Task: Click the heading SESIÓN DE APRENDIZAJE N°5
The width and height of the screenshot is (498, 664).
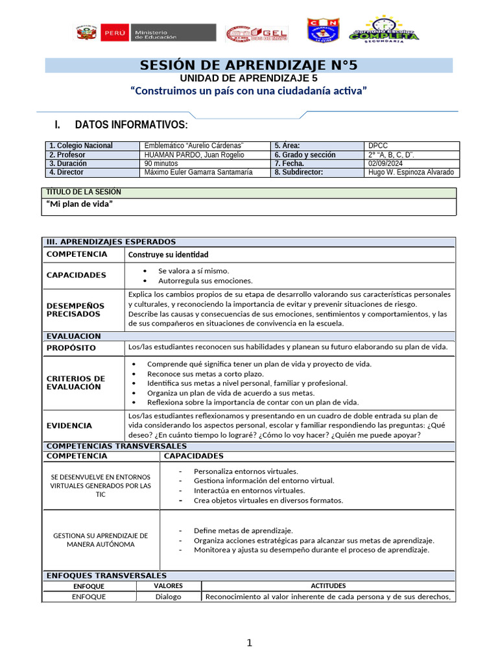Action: tap(249, 65)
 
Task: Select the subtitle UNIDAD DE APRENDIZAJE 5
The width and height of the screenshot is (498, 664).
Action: tap(249, 78)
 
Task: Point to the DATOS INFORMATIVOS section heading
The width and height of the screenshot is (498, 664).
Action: tap(131, 124)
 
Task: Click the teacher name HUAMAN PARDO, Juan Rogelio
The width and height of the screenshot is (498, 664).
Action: tap(194, 155)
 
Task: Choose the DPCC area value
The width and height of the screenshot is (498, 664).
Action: tap(378, 146)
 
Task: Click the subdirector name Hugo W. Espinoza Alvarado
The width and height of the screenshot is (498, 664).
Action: tap(410, 172)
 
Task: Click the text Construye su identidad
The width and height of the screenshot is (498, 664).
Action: tap(169, 255)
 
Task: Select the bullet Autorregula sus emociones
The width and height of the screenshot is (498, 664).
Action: tap(205, 281)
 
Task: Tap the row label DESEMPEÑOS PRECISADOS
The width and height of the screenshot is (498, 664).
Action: tap(75, 309)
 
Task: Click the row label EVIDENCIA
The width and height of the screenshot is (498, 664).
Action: tap(69, 425)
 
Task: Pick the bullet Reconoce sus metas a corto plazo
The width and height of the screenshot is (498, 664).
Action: tap(205, 373)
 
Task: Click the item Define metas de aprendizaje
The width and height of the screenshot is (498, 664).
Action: tap(243, 530)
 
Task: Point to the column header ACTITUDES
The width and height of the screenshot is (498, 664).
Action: tap(328, 586)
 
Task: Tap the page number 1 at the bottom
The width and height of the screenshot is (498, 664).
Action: tap(249, 643)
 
